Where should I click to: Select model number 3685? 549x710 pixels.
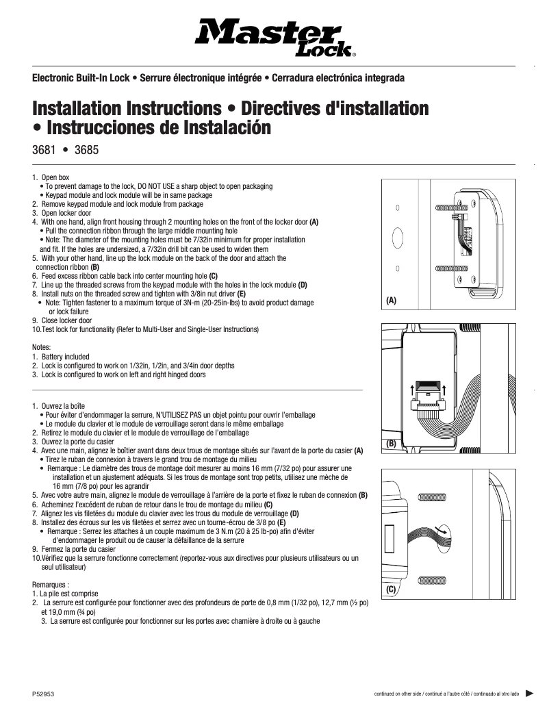click(87, 149)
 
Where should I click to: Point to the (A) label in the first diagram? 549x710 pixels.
click(391, 300)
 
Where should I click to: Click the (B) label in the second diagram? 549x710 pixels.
click(391, 443)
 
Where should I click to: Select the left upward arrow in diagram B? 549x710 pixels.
click(411, 390)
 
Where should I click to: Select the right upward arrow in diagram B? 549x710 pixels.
click(444, 390)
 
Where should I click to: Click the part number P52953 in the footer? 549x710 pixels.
click(43, 694)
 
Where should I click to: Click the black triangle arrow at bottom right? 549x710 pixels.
click(529, 693)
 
